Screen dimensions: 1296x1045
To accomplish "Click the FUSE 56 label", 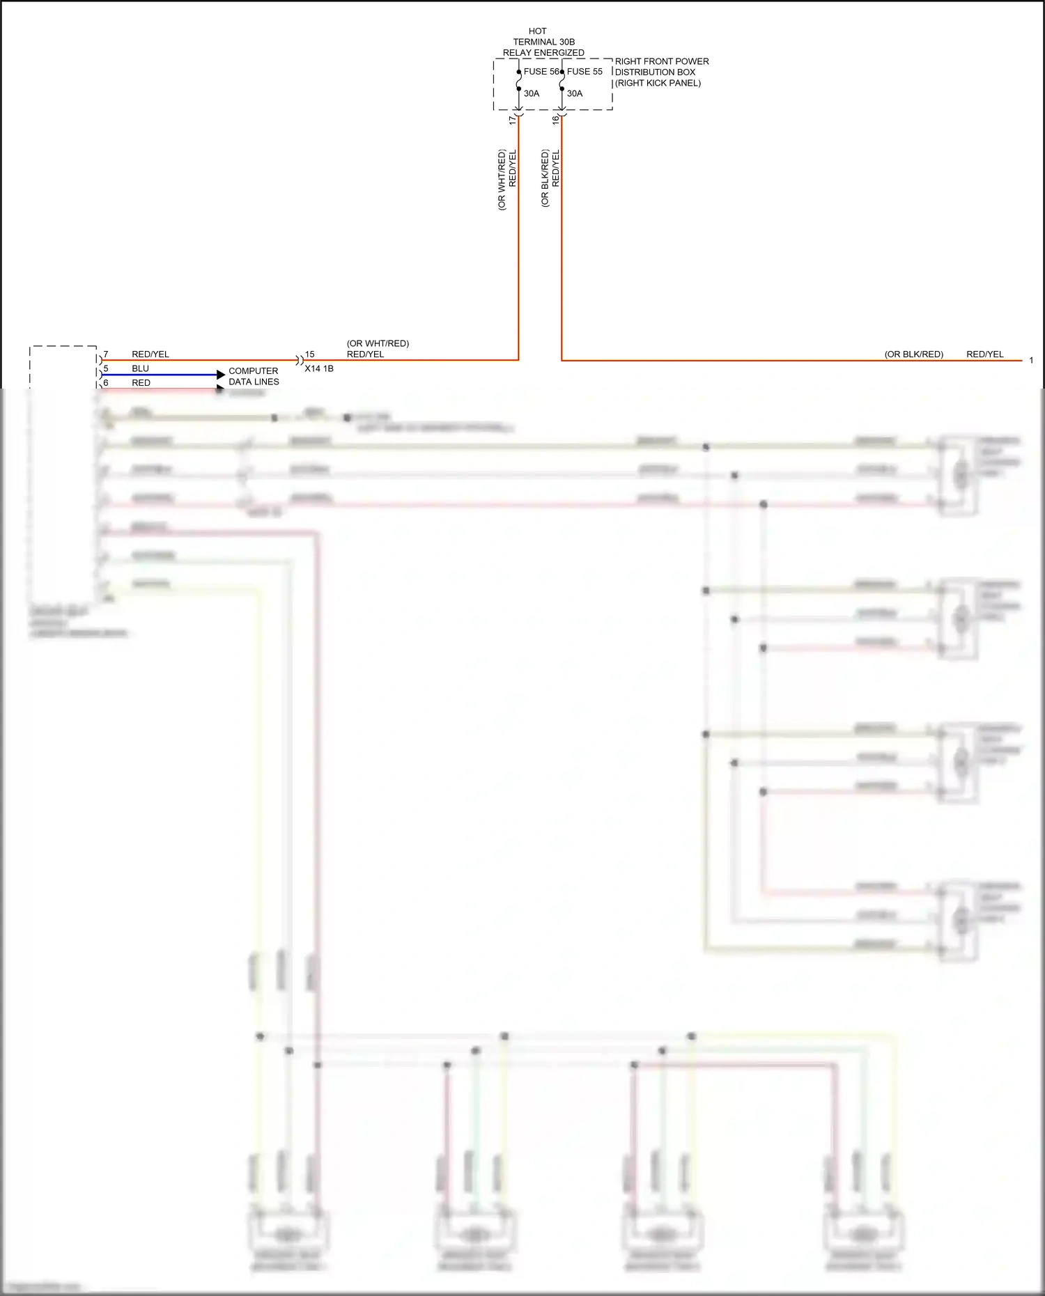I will (x=541, y=72).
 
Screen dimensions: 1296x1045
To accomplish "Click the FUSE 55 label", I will (x=585, y=72).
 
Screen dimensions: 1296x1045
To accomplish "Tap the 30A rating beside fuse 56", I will (x=532, y=93).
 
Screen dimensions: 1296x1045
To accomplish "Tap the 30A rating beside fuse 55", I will (x=575, y=93).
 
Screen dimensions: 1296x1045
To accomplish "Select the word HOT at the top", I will (x=538, y=31).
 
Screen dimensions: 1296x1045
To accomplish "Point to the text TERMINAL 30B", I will (x=544, y=42).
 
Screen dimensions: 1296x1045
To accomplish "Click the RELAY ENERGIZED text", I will (x=543, y=53).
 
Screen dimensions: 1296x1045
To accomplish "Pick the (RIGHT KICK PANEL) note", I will (x=658, y=83).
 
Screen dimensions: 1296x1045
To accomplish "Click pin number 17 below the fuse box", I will (x=513, y=120).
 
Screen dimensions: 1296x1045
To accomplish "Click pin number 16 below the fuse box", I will (x=556, y=120).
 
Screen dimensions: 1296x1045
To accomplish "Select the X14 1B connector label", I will (x=319, y=368).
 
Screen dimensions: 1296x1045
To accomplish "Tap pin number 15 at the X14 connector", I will (x=310, y=354).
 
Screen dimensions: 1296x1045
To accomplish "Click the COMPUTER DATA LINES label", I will (x=254, y=376).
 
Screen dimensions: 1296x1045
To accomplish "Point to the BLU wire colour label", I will (x=140, y=368).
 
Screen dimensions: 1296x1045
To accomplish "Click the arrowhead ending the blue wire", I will (x=221, y=375).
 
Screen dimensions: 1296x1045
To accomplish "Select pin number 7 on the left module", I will (x=106, y=354).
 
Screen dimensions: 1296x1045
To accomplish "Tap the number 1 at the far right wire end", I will (x=1031, y=361).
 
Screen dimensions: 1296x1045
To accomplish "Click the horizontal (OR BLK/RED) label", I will (x=913, y=354).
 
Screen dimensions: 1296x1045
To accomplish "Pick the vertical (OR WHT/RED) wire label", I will (x=502, y=180).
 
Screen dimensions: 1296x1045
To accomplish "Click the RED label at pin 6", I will (x=141, y=383).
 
